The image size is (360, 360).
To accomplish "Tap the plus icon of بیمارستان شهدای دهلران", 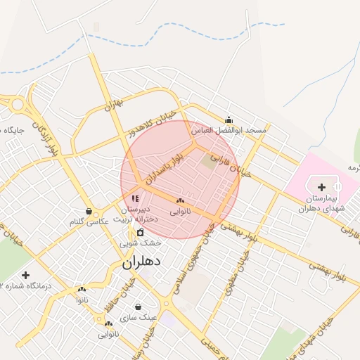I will [321, 187].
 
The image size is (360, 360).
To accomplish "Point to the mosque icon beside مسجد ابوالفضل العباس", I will [229, 120].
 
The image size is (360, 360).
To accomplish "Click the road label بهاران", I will [113, 105].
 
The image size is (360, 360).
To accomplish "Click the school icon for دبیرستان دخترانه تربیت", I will [135, 199].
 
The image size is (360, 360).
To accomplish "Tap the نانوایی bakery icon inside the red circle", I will [181, 201].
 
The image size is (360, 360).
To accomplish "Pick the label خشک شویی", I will [140, 243].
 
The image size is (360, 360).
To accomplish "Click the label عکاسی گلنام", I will [89, 221].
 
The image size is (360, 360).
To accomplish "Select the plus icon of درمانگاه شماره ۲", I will [26, 275].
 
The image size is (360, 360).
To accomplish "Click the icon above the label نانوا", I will [82, 289].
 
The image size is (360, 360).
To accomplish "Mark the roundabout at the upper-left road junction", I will [16, 105].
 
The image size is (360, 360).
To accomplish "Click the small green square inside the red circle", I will [209, 161].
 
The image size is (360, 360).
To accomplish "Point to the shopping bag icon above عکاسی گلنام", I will [89, 210].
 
